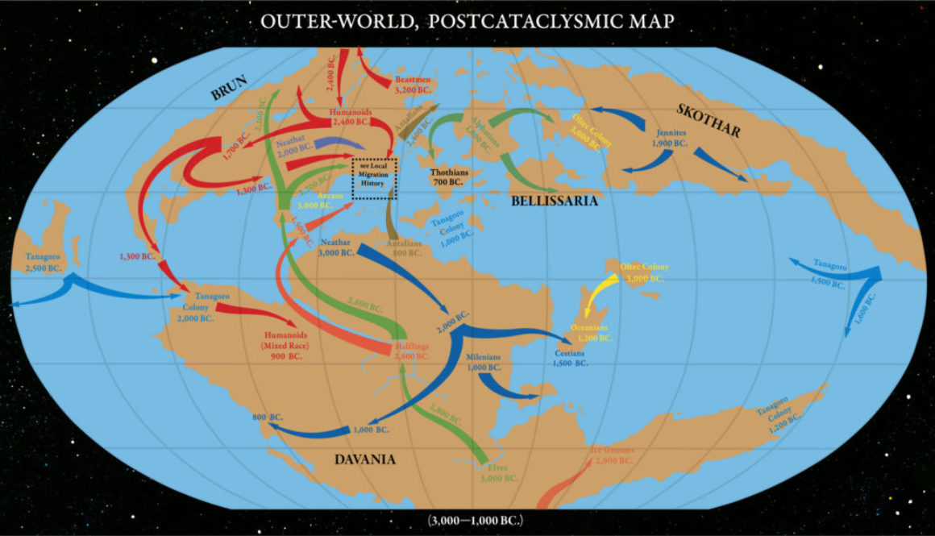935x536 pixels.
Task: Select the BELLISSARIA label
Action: (555, 201)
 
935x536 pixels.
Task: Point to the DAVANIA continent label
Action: (365, 459)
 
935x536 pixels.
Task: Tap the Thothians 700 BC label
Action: (450, 177)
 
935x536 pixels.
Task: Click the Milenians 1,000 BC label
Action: (484, 361)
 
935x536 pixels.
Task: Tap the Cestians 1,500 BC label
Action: (570, 358)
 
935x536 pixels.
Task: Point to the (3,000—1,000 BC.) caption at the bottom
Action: (467, 521)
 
